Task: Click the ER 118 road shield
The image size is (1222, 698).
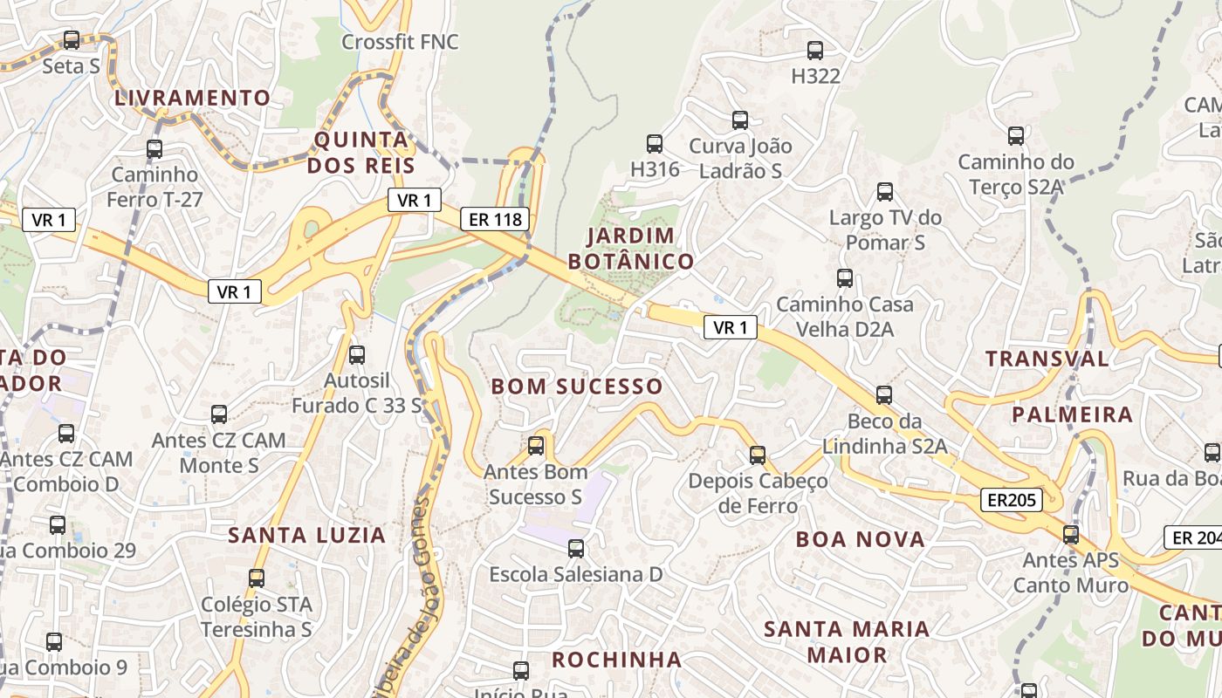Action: pyautogui.click(x=496, y=219)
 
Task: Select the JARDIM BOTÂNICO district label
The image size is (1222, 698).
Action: pyautogui.click(x=631, y=249)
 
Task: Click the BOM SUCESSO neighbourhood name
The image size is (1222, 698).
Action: pyautogui.click(x=577, y=387)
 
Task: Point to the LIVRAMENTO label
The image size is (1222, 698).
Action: pyautogui.click(x=193, y=98)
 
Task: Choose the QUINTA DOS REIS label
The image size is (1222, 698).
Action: pyautogui.click(x=360, y=152)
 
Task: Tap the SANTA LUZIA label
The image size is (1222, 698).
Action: pyautogui.click(x=306, y=536)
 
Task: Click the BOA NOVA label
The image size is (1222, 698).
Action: pyautogui.click(x=860, y=539)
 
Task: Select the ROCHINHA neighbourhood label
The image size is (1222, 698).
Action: pyautogui.click(x=616, y=659)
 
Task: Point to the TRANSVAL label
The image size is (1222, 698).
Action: pyautogui.click(x=1047, y=359)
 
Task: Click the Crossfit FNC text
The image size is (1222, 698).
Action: pyautogui.click(x=400, y=42)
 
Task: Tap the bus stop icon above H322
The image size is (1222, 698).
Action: pyautogui.click(x=815, y=51)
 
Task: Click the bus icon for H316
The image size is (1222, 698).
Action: pyautogui.click(x=654, y=144)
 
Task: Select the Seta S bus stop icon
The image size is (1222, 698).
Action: pyautogui.click(x=72, y=40)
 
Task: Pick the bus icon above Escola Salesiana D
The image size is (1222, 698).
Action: pyautogui.click(x=576, y=549)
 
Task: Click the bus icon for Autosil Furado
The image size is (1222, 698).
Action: pyautogui.click(x=356, y=355)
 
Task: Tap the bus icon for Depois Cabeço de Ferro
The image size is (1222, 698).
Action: pyautogui.click(x=757, y=455)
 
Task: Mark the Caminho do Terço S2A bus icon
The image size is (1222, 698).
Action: pyautogui.click(x=1015, y=136)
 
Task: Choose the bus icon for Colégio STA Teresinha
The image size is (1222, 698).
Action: pyautogui.click(x=256, y=578)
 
